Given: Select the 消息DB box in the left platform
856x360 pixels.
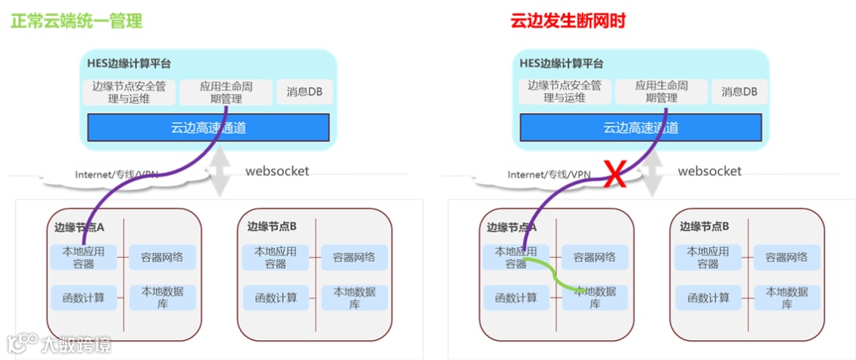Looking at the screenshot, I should (x=304, y=91).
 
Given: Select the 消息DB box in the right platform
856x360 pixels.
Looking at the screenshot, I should (x=739, y=91).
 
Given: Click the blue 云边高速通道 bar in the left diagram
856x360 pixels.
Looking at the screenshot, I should (x=208, y=128).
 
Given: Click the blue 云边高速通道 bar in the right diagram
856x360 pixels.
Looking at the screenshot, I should (x=641, y=128).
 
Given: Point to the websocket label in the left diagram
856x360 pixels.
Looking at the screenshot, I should (x=277, y=170).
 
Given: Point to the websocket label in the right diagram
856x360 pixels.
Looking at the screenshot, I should (x=710, y=170).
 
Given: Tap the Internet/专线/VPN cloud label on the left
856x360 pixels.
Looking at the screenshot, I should (x=117, y=174).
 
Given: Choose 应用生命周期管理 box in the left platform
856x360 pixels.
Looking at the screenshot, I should (x=221, y=92).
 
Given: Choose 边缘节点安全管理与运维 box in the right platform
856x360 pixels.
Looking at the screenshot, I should (x=564, y=92).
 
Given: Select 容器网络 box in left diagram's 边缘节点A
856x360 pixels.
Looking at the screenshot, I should (x=162, y=257).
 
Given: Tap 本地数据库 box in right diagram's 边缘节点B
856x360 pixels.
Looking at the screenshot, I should (x=787, y=297).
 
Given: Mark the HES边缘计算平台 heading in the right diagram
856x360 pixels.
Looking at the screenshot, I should (x=561, y=63).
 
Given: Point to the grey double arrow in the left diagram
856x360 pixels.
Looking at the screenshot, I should (x=220, y=171).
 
